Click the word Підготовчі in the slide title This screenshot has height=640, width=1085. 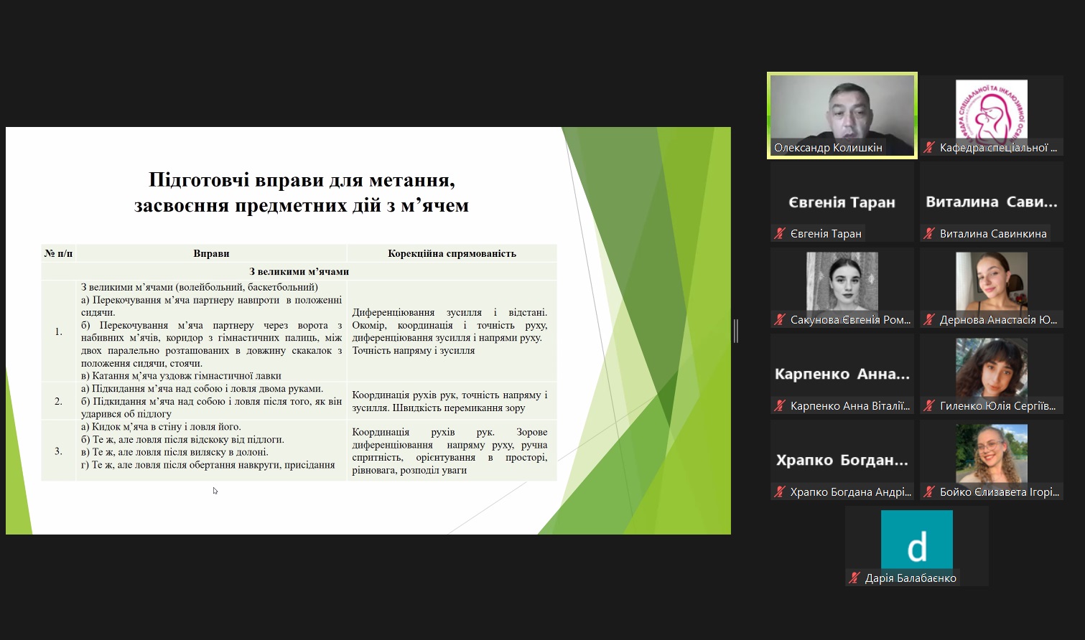pos(199,181)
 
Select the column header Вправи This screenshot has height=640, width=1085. pos(211,253)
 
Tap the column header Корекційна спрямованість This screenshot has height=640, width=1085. pos(452,253)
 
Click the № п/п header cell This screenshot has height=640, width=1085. pos(58,253)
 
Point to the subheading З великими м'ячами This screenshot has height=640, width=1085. pos(299,272)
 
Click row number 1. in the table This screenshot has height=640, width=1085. pos(58,331)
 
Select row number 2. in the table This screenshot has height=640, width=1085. pos(58,401)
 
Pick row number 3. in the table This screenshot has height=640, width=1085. pos(58,451)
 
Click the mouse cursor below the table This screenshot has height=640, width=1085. pos(215,491)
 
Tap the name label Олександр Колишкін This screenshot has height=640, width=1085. pos(828,148)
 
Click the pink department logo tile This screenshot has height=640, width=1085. pos(991,110)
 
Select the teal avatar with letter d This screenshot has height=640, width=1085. pos(916,540)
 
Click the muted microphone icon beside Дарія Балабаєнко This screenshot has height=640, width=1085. pos(854,578)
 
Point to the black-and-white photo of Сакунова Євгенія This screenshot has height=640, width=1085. pos(842,282)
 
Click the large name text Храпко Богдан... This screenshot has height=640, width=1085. pos(842,460)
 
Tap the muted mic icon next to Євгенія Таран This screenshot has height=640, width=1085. pos(779,233)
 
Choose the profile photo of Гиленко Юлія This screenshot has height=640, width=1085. pos(991,368)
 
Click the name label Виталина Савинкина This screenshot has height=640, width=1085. pos(993,234)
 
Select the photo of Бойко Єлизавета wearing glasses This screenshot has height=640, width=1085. pos(991,454)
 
